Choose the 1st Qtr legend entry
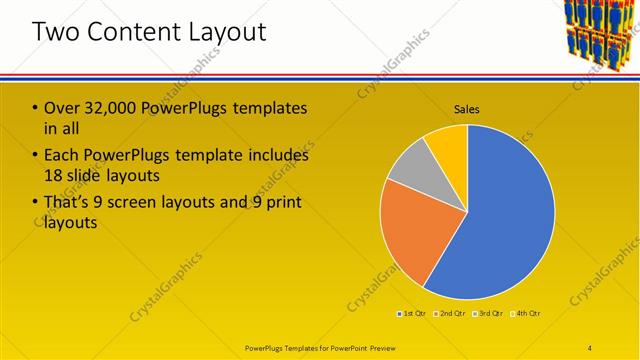pos(413,314)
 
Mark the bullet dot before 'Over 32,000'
pos(36,108)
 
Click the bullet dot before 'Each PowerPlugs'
pos(36,156)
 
